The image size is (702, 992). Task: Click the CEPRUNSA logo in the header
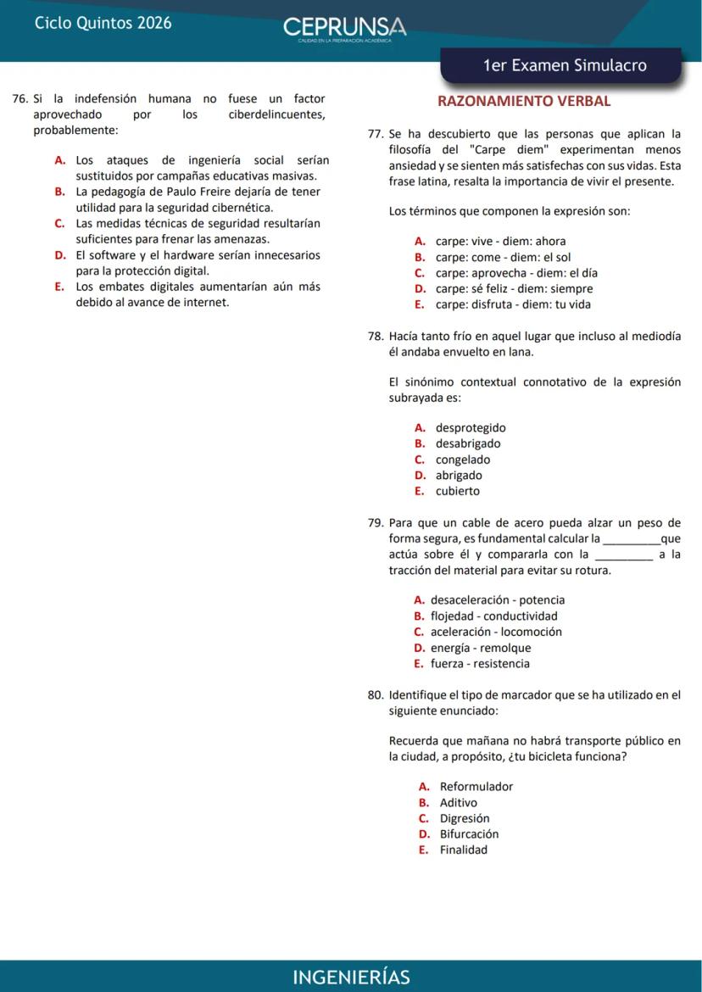(344, 27)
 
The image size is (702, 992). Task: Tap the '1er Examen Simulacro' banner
(564, 66)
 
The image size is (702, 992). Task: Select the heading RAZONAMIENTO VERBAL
(523, 101)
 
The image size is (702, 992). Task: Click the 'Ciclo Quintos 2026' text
(103, 23)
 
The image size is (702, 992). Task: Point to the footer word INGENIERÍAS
(351, 977)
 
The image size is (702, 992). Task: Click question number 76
(21, 99)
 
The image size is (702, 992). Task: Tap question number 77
(376, 134)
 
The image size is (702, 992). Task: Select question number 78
(376, 336)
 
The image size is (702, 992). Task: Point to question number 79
(376, 522)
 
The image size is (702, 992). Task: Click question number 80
(376, 694)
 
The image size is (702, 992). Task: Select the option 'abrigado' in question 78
(459, 475)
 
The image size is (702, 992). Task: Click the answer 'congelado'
(463, 460)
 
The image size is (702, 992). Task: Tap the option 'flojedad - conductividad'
(493, 616)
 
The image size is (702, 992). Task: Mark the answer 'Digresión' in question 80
(465, 818)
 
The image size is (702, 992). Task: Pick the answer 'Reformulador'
(476, 786)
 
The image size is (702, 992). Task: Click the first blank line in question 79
(630, 539)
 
